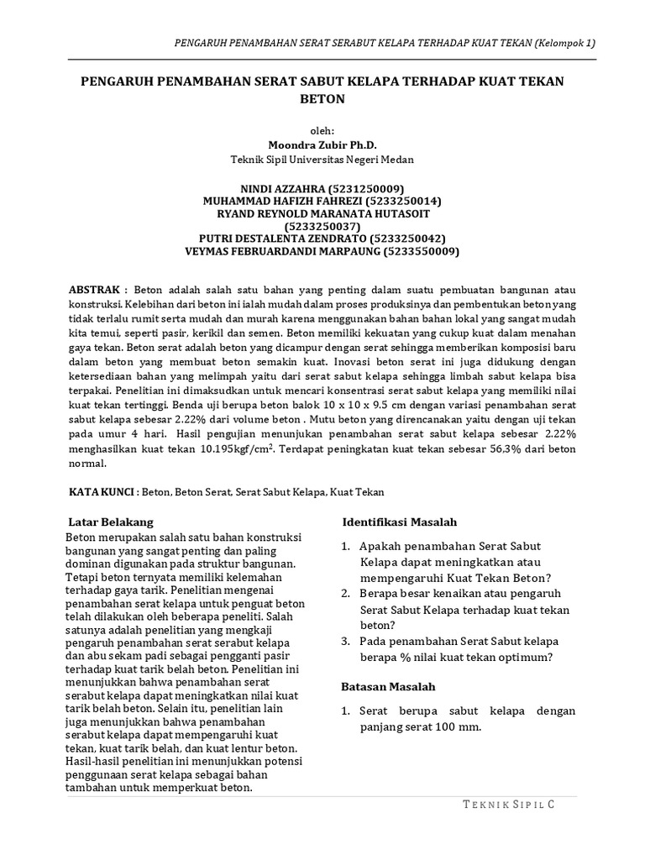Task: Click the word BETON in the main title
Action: click(x=322, y=98)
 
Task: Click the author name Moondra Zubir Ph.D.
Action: click(x=322, y=144)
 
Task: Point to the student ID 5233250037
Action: click(x=322, y=226)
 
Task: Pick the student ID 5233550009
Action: click(x=421, y=251)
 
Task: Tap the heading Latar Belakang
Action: click(x=110, y=522)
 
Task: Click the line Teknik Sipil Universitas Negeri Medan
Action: click(x=322, y=158)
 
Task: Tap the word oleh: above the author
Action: click(x=322, y=131)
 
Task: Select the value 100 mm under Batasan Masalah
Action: click(x=454, y=727)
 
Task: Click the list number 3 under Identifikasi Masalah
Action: click(x=345, y=641)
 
